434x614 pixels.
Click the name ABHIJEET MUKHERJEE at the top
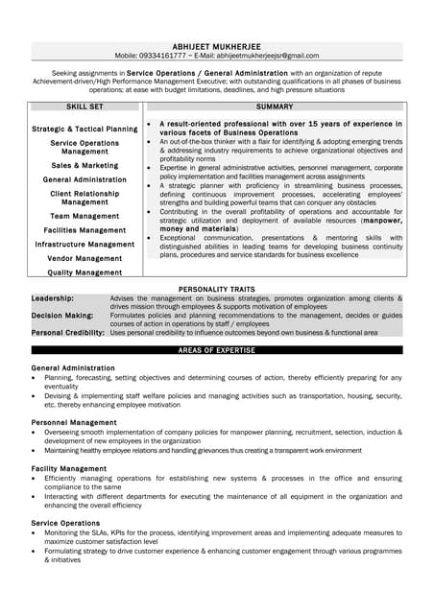[x=216, y=45]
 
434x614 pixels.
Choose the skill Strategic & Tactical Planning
[x=84, y=129]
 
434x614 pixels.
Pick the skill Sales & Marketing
[x=84, y=165]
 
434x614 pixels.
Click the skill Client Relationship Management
[x=84, y=198]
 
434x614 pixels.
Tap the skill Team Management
[x=84, y=216]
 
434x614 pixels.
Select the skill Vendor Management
[x=84, y=258]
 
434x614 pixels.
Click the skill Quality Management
[x=84, y=272]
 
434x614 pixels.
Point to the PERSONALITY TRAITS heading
[x=216, y=289]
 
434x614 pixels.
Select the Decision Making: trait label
[x=62, y=315]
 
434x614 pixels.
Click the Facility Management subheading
[x=69, y=468]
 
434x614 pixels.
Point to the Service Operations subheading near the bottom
[x=65, y=523]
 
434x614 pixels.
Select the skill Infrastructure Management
[x=84, y=245]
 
